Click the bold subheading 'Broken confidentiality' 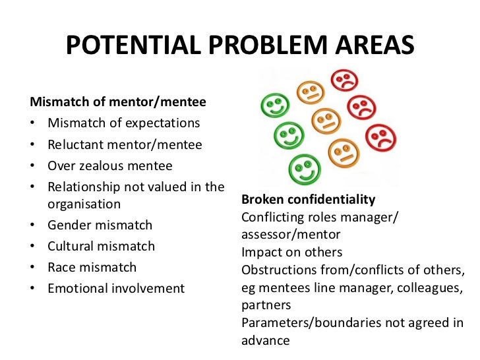(308, 200)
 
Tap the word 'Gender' (69, 225)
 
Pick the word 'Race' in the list (61, 267)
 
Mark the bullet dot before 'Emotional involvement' (33, 289)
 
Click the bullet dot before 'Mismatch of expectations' (33, 124)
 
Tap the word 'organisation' (84, 204)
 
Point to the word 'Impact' (260, 253)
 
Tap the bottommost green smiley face (304, 166)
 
